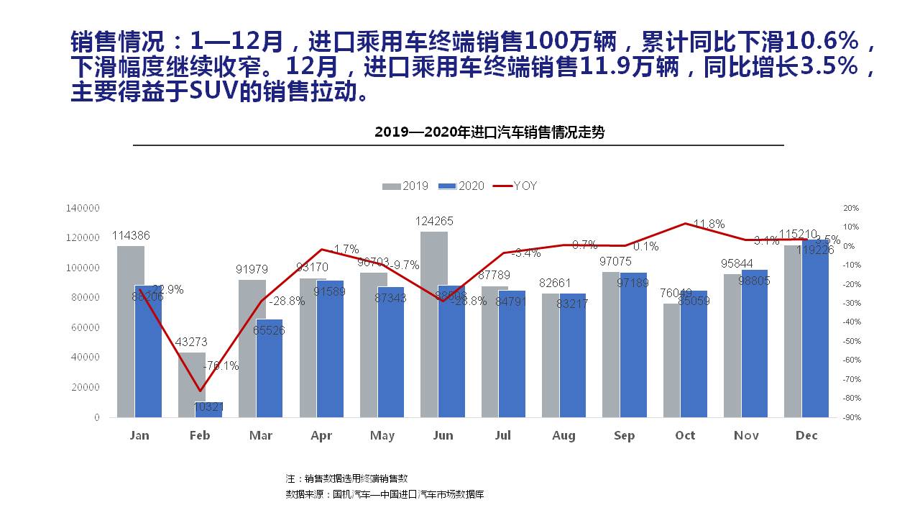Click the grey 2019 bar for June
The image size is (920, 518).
click(x=433, y=324)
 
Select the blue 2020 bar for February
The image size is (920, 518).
click(x=209, y=409)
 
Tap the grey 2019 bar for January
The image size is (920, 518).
click(x=130, y=331)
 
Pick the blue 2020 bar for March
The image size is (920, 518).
click(x=270, y=368)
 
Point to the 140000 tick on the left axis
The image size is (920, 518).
click(x=83, y=208)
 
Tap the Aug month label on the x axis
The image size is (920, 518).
click(x=563, y=436)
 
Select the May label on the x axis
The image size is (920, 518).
click(x=382, y=436)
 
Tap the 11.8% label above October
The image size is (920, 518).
click(x=708, y=224)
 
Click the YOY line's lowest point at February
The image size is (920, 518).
click(x=200, y=391)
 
